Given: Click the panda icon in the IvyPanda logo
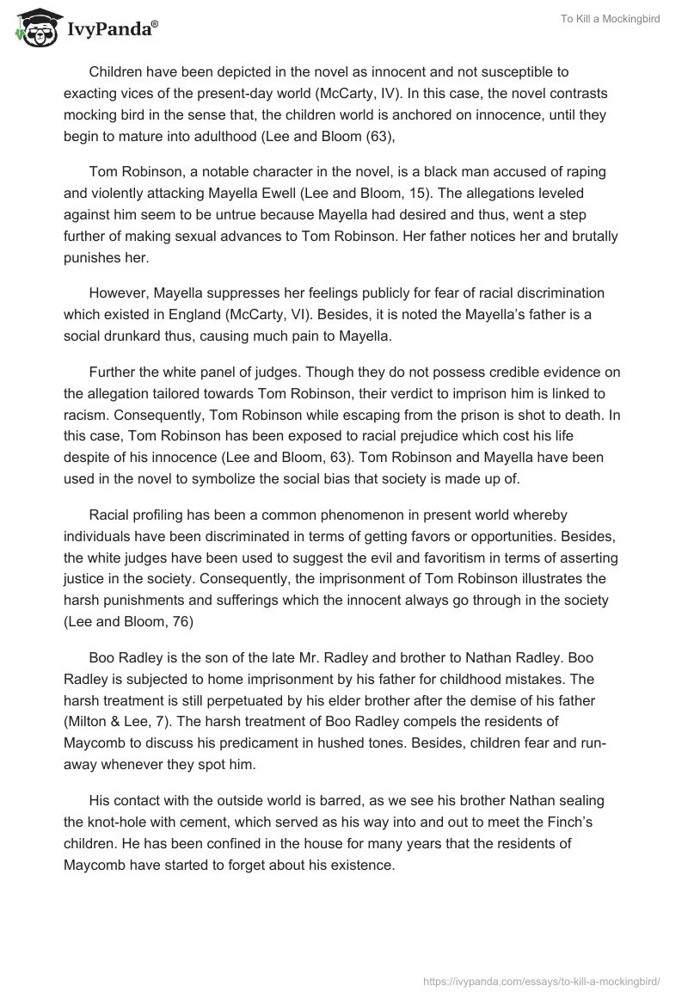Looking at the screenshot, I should pyautogui.click(x=34, y=29).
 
